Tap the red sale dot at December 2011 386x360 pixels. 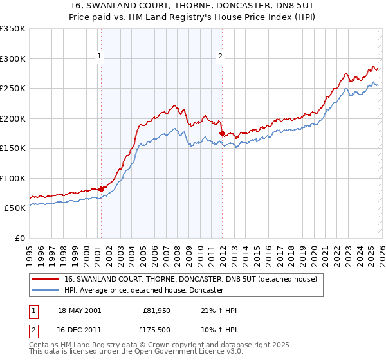[222, 133]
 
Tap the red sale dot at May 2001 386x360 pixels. [102, 189]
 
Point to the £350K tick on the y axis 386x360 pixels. [13, 29]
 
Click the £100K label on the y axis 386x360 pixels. [13, 179]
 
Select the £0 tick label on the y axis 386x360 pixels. [21, 239]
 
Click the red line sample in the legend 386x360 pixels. [46, 280]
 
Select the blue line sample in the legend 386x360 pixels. [46, 291]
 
